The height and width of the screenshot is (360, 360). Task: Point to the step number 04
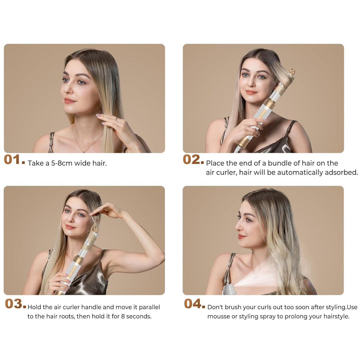tap(194, 304)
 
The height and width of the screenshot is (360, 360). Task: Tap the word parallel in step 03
tap(149, 307)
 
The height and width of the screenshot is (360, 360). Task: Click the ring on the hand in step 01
tap(117, 118)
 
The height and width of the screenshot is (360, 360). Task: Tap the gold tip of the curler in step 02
tap(292, 72)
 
